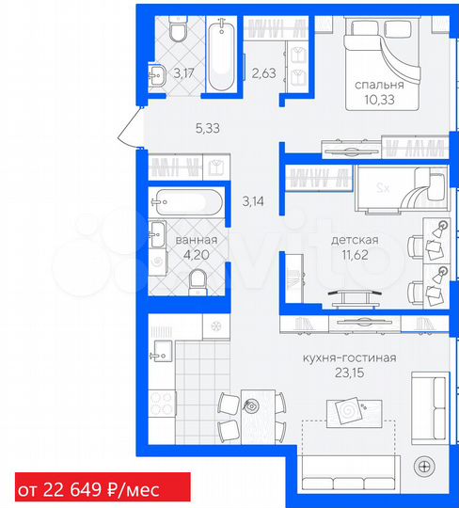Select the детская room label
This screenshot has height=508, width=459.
pos(354,241)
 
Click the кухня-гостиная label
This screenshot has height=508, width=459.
pos(349,357)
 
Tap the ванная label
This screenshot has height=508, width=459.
pos(197,241)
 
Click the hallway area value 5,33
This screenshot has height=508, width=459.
pos(207,129)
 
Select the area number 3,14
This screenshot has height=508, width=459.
pos(255,200)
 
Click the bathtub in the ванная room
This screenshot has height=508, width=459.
pos(188,201)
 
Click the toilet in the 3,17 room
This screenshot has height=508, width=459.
pos(177,33)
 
